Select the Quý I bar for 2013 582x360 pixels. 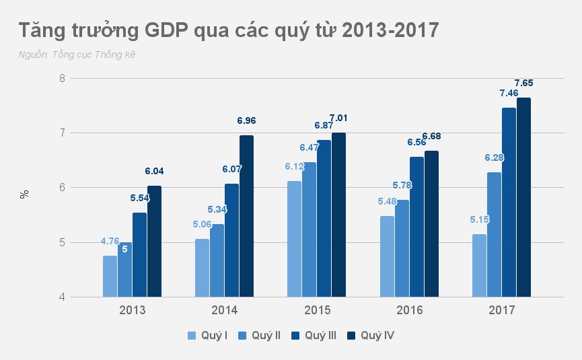coord(110,276)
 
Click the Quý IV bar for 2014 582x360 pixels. coord(246,215)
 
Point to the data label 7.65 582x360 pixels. coord(523,83)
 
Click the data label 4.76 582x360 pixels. coord(110,241)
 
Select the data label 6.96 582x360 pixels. coord(246,121)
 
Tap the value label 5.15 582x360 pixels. coord(479,219)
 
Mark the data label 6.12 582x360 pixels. coord(294,166)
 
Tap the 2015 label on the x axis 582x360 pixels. coord(316,310)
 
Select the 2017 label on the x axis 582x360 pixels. coord(501,310)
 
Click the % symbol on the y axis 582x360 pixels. coord(25,194)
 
